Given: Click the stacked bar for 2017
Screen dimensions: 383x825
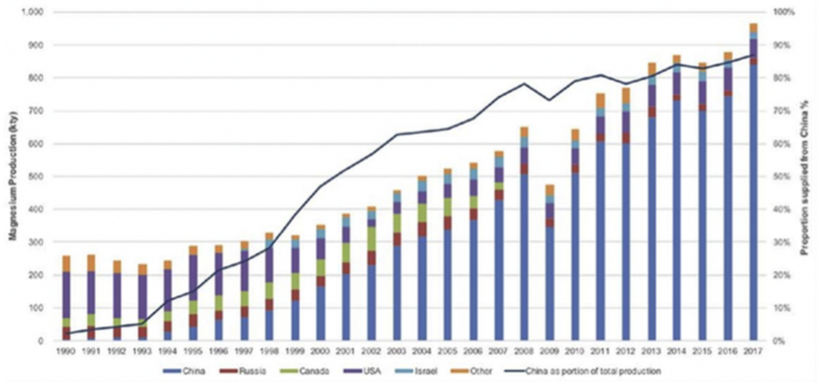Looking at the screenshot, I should pos(753,182).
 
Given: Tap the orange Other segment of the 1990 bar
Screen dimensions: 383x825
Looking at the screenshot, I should pos(66,264).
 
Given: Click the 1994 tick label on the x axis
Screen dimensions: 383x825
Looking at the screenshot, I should pos(167,351).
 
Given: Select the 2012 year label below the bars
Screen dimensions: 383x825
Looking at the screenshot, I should pos(626,351).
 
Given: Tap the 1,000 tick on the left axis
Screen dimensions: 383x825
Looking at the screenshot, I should pos(32,12).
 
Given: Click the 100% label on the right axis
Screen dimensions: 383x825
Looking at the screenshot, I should pos(784,12).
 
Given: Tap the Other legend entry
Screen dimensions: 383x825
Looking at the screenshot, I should pos(481,371).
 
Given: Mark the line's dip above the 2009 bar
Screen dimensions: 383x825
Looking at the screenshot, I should pos(549,100).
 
